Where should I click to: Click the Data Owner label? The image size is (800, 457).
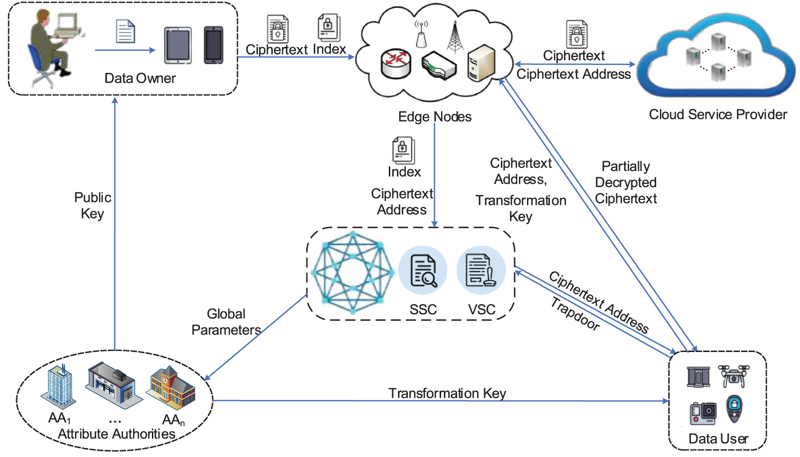pos(140,78)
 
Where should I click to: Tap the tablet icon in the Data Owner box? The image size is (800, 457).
pos(178,46)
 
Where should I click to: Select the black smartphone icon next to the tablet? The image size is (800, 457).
pos(214,45)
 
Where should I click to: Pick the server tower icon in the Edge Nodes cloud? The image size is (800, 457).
pos(481,63)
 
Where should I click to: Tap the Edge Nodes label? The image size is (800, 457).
pos(434,117)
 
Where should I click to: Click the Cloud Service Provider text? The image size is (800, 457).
pos(717,114)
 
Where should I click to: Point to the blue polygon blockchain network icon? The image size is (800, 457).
pos(352,273)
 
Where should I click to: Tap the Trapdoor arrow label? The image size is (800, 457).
pos(575,314)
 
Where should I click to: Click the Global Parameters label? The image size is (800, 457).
pos(226,322)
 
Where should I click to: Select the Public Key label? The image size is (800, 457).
pos(93,205)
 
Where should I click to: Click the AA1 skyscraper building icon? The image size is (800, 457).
pos(59,387)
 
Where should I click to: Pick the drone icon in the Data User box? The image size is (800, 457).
pos(733,376)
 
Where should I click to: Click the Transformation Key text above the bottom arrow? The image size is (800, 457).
pos(447,393)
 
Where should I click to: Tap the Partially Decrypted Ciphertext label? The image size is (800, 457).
pos(626,182)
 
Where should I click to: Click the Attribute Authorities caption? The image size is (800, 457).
pos(116,434)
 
